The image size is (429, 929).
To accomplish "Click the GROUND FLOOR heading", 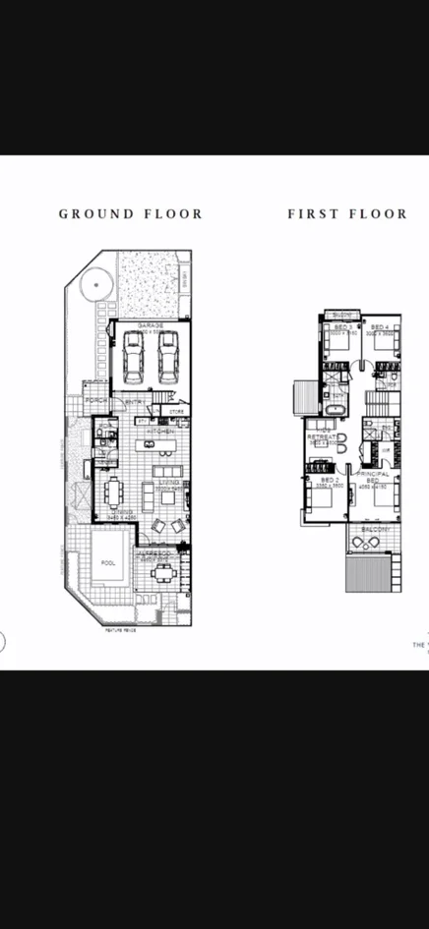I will [130, 213].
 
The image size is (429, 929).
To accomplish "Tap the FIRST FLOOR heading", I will [346, 213].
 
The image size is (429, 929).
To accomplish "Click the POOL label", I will [108, 563].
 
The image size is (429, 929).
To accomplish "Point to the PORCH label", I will [96, 401].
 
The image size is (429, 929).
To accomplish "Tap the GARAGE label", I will [151, 324].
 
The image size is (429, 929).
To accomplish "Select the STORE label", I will [176, 411].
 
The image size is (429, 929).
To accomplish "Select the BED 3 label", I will [342, 326].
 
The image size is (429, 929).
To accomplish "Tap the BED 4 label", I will [380, 326].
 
